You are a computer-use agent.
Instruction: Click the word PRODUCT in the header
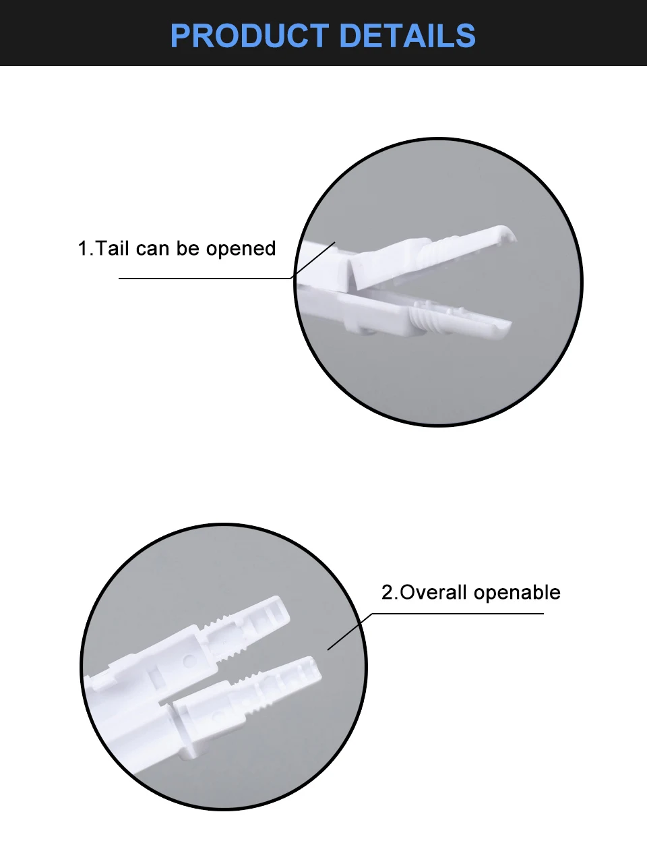point(250,35)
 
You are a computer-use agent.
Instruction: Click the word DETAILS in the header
point(407,35)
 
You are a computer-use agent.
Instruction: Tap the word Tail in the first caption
point(112,248)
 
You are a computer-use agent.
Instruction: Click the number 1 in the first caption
point(84,248)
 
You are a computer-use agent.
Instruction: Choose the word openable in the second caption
point(517,593)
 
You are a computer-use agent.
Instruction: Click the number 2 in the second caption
point(387,593)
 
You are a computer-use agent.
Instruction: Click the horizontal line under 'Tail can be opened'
point(205,279)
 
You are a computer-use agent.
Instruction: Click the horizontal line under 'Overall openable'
point(458,614)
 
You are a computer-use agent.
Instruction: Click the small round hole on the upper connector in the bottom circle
point(188,661)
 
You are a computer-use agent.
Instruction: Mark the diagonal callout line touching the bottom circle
point(350,632)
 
